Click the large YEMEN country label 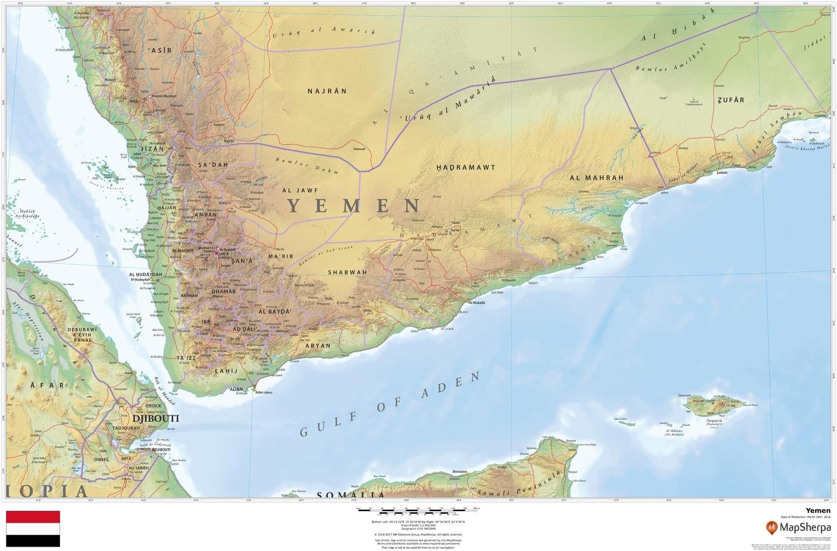click(x=354, y=205)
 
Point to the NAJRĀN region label click(x=327, y=91)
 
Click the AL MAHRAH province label click(x=596, y=178)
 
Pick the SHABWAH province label click(x=348, y=272)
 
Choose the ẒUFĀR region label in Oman click(x=731, y=100)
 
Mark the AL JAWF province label click(x=300, y=190)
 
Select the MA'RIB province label click(x=280, y=256)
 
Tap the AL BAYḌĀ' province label click(x=274, y=312)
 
